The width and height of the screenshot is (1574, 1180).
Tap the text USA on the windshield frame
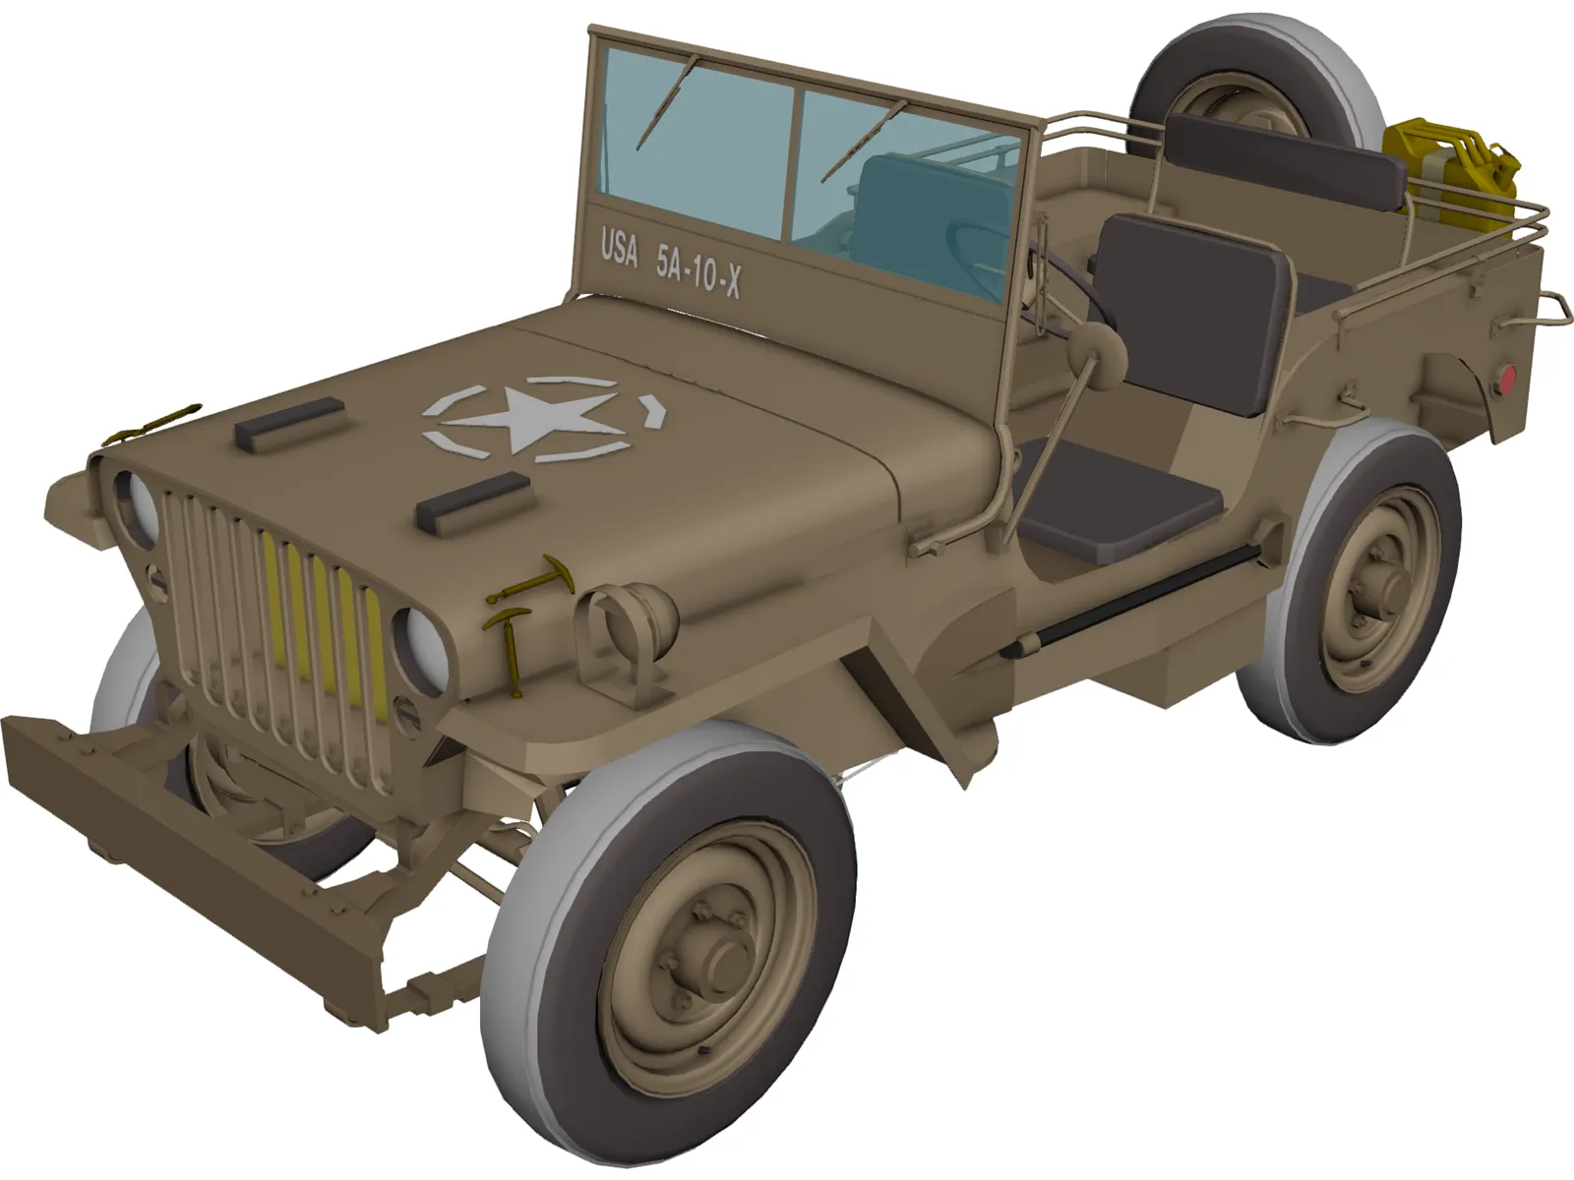click(619, 251)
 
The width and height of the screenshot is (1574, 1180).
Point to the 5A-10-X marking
click(698, 270)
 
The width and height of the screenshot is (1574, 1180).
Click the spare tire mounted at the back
click(1249, 93)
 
